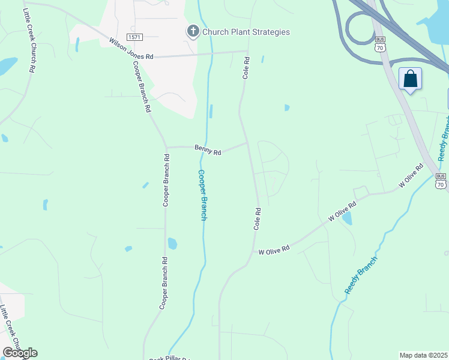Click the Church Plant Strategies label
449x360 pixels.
(x=246, y=32)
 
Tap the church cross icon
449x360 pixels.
(x=193, y=32)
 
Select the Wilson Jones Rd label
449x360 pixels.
(x=131, y=49)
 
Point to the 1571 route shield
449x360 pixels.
(x=134, y=37)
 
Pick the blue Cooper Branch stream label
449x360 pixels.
(x=203, y=194)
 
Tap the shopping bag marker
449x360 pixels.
(x=411, y=79)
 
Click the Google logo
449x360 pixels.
(x=20, y=353)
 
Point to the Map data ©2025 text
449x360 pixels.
(x=424, y=355)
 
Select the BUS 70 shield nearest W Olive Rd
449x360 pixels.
(x=441, y=181)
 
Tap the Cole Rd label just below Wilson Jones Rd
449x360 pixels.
(x=246, y=69)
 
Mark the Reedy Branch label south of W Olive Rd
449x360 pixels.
(x=361, y=275)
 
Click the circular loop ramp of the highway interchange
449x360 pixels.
(x=359, y=29)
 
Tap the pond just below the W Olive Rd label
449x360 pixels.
(x=347, y=218)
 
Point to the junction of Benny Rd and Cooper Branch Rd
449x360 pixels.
(x=166, y=147)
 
